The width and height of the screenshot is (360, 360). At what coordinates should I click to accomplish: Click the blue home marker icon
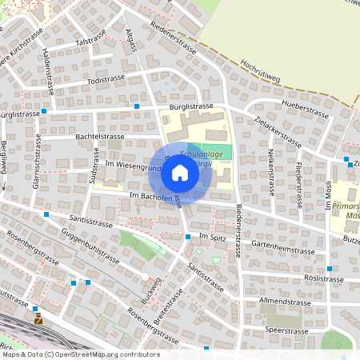(x=180, y=172)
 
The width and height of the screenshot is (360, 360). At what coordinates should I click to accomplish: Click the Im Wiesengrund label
(x=133, y=166)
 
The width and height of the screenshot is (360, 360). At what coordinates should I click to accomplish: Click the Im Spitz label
(x=214, y=238)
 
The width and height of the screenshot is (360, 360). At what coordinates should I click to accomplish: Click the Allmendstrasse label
(x=283, y=305)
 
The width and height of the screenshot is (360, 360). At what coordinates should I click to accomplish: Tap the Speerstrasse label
(x=288, y=329)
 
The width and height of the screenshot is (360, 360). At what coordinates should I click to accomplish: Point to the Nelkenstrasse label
(x=270, y=171)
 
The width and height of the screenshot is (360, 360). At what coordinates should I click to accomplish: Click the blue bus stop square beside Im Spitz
(x=188, y=237)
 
